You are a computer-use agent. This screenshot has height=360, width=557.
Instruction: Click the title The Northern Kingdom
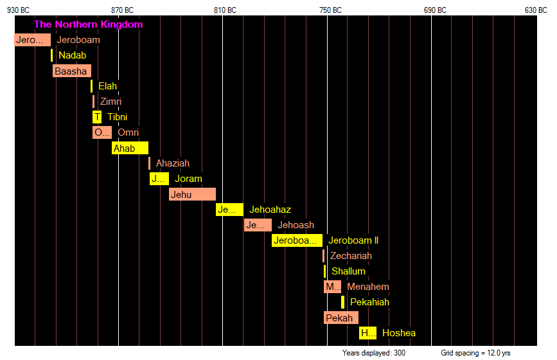88,24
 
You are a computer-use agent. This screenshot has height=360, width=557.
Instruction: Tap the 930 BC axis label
18,10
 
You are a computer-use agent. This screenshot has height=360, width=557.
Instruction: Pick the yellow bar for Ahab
130,148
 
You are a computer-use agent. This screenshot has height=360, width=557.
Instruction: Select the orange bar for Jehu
192,194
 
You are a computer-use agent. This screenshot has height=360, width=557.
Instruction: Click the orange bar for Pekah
340,318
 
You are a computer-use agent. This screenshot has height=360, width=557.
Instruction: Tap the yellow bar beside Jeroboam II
296,240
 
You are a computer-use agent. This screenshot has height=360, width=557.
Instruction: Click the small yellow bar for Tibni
97,117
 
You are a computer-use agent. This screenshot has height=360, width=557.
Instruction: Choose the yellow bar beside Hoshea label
367,333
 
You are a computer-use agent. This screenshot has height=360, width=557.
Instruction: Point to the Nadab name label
72,55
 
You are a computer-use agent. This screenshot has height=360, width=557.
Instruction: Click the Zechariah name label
351,256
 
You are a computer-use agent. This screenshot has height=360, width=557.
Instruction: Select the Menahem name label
368,287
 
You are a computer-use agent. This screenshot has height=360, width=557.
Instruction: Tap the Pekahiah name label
369,302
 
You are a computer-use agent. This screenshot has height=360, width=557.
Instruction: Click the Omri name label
128,132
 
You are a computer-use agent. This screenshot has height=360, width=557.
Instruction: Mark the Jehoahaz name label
270,210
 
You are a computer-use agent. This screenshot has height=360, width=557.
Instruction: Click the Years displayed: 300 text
374,353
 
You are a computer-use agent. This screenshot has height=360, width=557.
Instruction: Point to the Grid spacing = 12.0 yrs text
475,353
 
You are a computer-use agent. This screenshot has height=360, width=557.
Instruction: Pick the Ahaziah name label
173,163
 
